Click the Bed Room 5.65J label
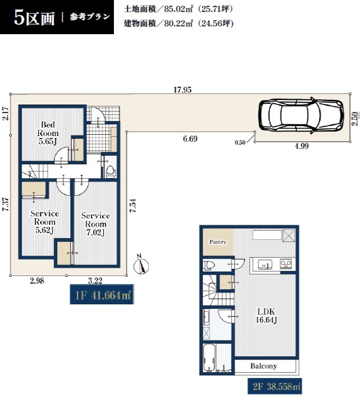coord(48,133)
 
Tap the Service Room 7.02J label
coord(95,224)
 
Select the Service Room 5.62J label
coord(45,222)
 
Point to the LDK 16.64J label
coord(267,316)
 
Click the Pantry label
coord(218,242)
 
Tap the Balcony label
coord(263,366)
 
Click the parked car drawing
coord(301,115)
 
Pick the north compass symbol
coord(141,265)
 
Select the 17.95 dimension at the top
coord(182,90)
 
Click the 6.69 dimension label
coord(190,139)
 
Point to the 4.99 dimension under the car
coord(301,146)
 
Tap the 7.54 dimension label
coord(133,206)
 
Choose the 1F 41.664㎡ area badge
coord(102,294)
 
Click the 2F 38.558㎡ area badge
coord(274,386)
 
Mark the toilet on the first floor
coord(111,171)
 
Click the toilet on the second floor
coord(209,265)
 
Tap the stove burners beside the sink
coord(286,264)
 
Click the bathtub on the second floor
coord(209,358)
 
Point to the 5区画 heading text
coord(34,18)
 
